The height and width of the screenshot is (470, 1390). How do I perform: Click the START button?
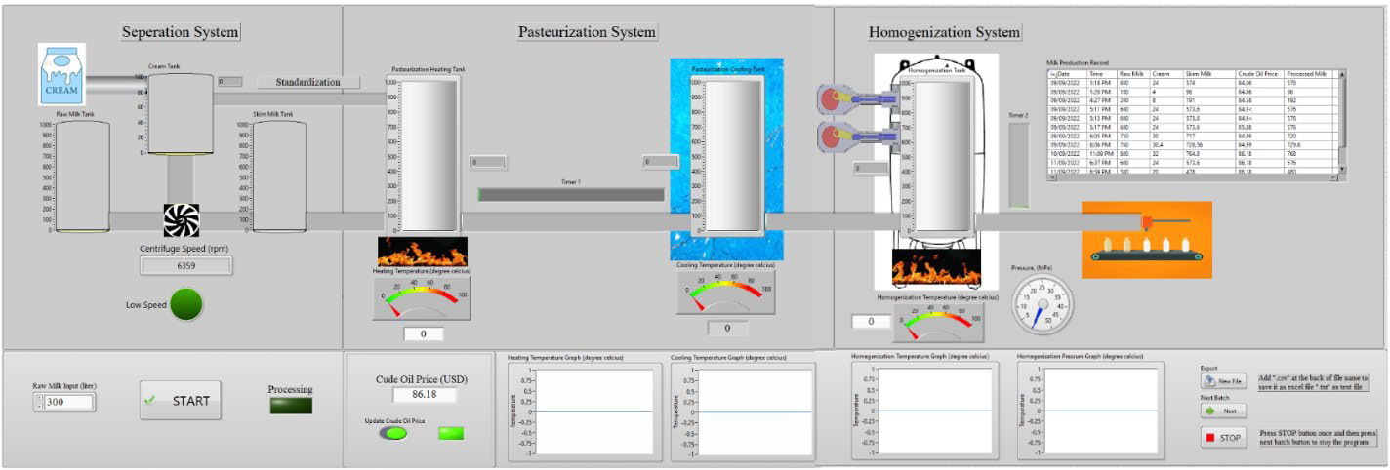click(180, 401)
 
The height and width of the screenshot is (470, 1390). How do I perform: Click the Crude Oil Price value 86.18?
click(425, 395)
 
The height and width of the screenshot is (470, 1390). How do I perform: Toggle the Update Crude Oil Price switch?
click(393, 432)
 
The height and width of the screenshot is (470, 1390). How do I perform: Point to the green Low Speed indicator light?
click(186, 304)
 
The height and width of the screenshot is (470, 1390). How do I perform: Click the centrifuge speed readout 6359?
click(186, 265)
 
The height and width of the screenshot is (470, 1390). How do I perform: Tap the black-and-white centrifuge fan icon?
click(182, 221)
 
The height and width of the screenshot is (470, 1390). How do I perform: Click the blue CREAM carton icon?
click(62, 75)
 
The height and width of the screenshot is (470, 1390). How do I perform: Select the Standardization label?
click(307, 82)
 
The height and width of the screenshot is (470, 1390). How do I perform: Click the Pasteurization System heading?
click(587, 32)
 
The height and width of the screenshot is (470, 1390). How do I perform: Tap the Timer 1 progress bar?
click(571, 195)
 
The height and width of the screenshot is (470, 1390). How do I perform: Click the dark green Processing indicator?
click(291, 406)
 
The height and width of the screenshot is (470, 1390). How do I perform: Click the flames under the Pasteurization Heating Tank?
click(422, 252)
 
